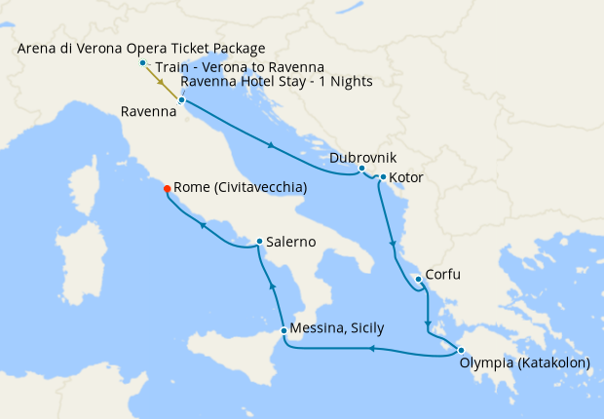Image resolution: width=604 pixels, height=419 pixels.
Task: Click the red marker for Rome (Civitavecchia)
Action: [x=167, y=189]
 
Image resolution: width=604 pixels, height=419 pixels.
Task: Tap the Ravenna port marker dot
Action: [x=182, y=99]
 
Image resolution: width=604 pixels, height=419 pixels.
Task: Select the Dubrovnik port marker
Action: [x=361, y=168]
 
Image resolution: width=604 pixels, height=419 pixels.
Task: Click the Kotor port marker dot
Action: [x=383, y=177]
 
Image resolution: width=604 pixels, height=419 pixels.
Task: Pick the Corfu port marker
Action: [x=418, y=280]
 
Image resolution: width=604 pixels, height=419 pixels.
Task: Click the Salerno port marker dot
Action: [x=258, y=241]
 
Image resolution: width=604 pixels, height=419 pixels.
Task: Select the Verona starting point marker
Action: [x=143, y=63]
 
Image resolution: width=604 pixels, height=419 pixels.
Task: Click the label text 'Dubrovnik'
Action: [x=363, y=157]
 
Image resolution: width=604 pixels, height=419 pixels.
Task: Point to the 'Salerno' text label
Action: [x=291, y=242]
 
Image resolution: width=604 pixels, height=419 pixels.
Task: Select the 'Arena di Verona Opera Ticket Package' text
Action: [x=141, y=49]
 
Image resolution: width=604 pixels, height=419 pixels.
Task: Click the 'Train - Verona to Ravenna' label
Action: [x=240, y=66]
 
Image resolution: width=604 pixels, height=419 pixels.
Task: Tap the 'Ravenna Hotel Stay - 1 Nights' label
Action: [x=277, y=81]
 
